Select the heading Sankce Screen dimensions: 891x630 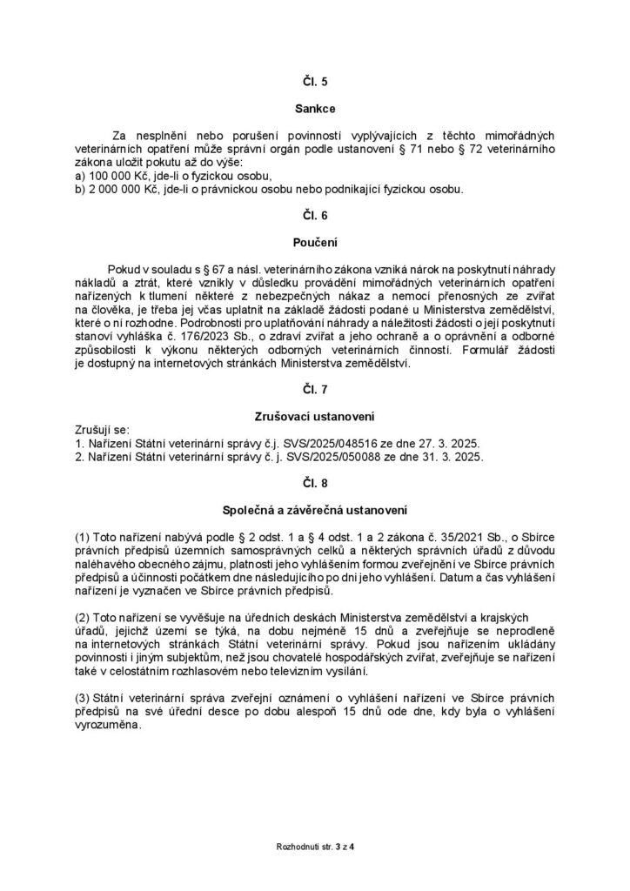[x=315, y=111]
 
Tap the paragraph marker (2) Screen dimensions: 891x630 [x=84, y=617]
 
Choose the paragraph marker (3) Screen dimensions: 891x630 [x=84, y=699]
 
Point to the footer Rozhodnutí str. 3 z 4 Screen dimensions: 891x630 [x=315, y=845]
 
